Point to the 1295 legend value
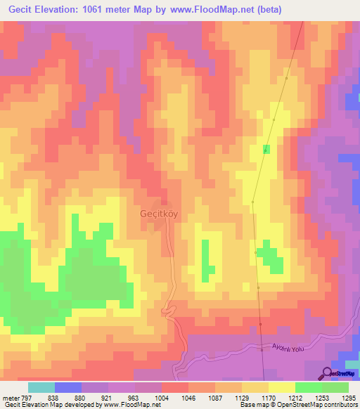point(348,397)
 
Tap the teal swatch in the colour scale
point(41,387)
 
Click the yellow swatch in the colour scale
point(281,387)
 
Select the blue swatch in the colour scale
point(67,387)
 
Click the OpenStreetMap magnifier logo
point(328,373)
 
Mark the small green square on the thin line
point(266,149)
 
